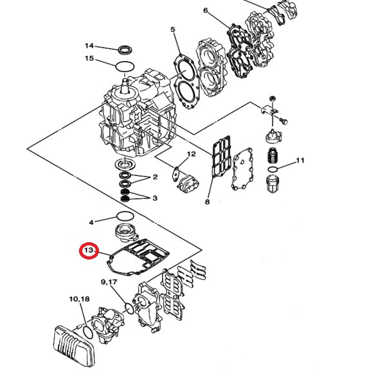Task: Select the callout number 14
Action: tap(89, 46)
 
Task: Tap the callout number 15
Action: tap(89, 59)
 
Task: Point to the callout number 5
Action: tap(172, 30)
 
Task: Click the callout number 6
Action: tap(205, 11)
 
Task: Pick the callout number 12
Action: tap(191, 155)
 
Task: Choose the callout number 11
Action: tap(300, 160)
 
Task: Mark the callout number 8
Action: tap(207, 202)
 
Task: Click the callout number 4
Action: tap(91, 222)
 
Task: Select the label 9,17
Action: tap(108, 283)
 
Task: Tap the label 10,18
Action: tap(80, 299)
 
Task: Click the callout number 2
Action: tap(154, 178)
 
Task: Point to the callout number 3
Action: tap(154, 198)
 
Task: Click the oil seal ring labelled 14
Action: tap(125, 48)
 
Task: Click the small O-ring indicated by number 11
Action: tap(273, 170)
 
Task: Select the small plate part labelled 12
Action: tap(175, 173)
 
